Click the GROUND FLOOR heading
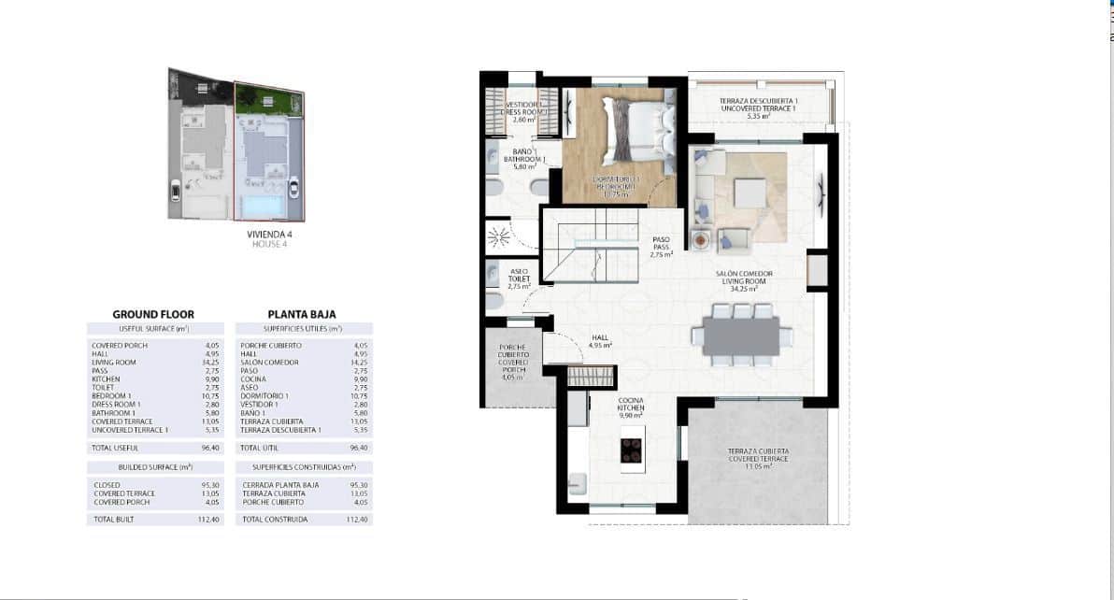[153, 315]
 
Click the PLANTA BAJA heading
[302, 315]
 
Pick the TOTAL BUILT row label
[114, 519]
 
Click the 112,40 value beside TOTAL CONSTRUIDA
[357, 519]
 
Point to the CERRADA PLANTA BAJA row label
[280, 485]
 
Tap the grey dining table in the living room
[740, 336]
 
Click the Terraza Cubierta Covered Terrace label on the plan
[758, 457]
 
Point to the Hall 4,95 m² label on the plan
[600, 341]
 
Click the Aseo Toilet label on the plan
[520, 279]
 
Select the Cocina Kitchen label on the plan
[631, 407]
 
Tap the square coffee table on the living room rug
[749, 192]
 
